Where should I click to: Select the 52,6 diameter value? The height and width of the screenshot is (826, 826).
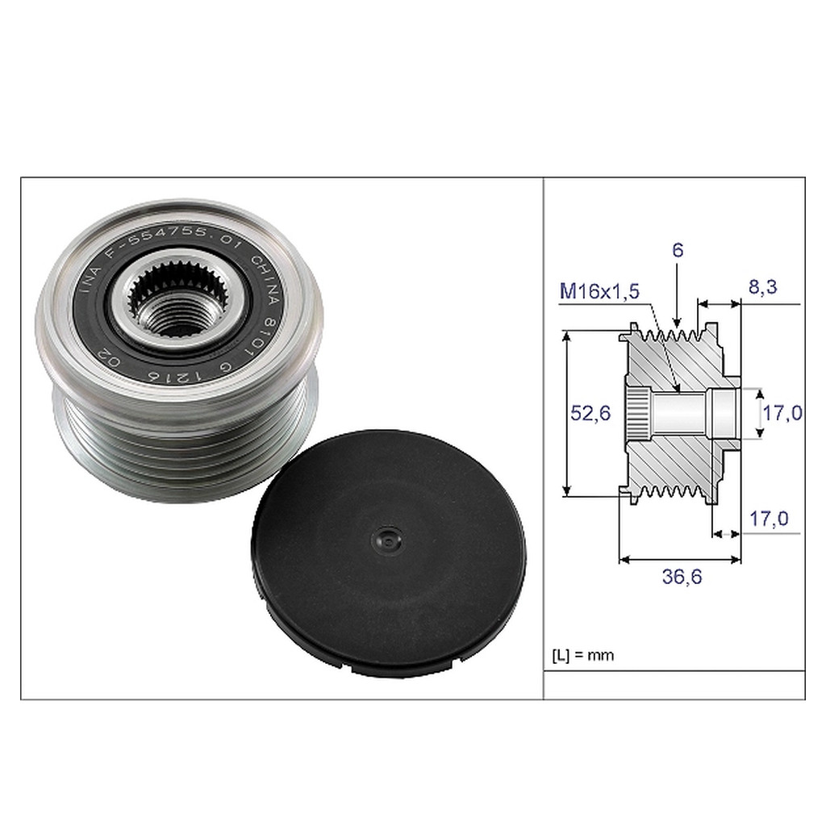coord(590,413)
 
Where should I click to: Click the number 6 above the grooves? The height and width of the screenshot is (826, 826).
coord(677,251)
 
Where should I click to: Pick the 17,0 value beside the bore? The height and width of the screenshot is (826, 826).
coord(782,413)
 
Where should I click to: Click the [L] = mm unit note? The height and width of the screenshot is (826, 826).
coord(582,654)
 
